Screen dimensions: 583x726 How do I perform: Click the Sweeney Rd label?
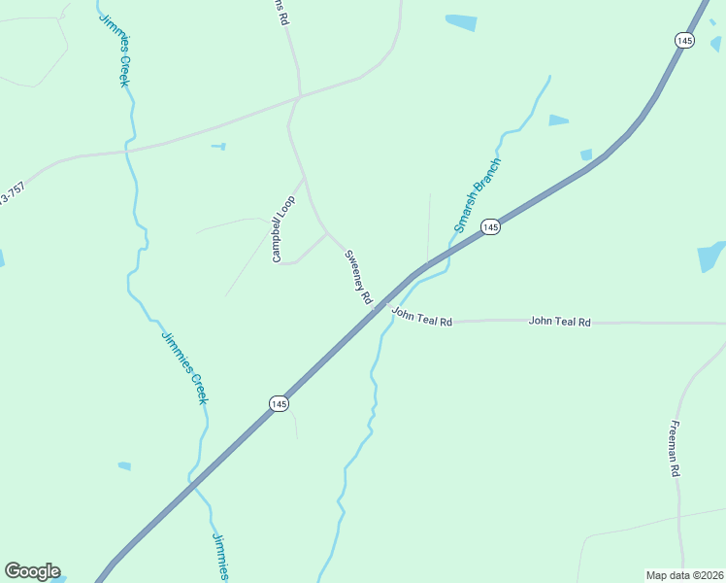[358, 278]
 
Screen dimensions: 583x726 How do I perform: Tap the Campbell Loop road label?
[283, 228]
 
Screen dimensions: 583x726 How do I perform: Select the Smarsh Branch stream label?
[477, 194]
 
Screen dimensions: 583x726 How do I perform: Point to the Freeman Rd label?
[675, 448]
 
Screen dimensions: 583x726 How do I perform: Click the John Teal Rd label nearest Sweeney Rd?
[422, 316]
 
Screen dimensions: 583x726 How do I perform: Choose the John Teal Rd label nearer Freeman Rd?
[559, 321]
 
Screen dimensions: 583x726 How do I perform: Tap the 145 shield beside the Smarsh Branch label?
[491, 226]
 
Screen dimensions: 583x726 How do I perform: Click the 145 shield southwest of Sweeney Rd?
[279, 403]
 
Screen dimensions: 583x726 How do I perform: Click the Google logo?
[32, 571]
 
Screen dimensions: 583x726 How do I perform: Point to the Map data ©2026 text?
[684, 575]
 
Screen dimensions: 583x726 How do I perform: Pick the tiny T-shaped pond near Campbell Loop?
[220, 147]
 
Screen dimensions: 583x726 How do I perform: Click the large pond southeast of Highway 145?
[711, 257]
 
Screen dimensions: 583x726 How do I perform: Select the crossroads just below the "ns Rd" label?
[299, 96]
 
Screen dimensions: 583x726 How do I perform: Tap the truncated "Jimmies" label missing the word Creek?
[220, 557]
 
